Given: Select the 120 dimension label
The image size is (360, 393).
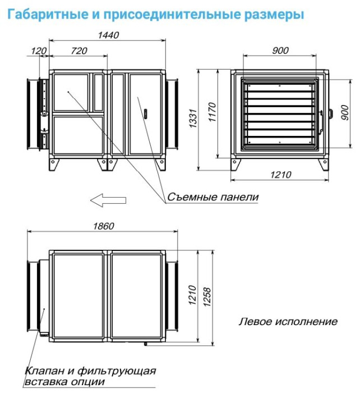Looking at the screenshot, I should pos(38,51).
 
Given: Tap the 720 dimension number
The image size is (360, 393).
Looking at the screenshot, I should pos(80,51).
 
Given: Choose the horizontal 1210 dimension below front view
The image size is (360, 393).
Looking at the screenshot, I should pos(278,175).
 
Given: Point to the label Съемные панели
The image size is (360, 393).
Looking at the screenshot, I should pos(213,197).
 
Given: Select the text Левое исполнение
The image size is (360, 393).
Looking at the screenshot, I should pos(288,322).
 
